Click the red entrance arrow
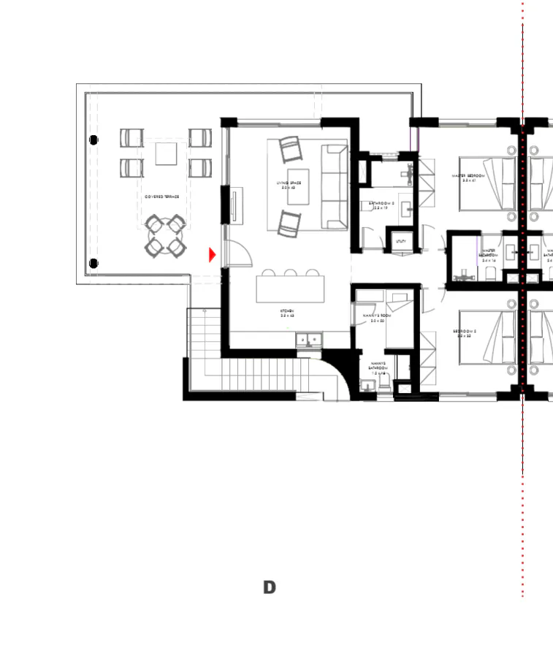[213, 254]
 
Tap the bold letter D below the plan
[270, 587]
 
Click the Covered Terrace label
[161, 196]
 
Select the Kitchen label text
[287, 313]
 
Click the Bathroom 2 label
[381, 205]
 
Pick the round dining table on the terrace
[164, 235]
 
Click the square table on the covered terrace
[166, 153]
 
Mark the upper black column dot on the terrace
[94, 140]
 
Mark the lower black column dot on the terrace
[94, 263]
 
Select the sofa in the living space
[335, 187]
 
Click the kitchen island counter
[290, 288]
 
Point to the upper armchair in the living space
[290, 150]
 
